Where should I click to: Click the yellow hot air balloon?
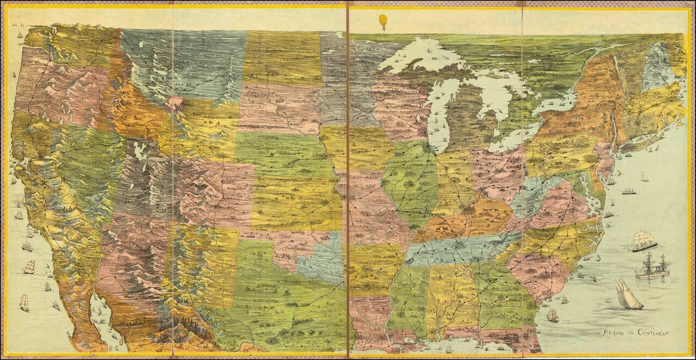pos(383,22)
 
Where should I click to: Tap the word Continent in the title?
pos(654,333)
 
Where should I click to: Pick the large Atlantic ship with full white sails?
pos(643,240)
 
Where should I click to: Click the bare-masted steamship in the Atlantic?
pos(652,267)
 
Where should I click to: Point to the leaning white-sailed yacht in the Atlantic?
pos(627,295)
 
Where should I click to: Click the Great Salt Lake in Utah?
pos(140,151)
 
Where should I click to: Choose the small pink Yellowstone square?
pos(175,103)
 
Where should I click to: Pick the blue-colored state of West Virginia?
pos(530,196)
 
